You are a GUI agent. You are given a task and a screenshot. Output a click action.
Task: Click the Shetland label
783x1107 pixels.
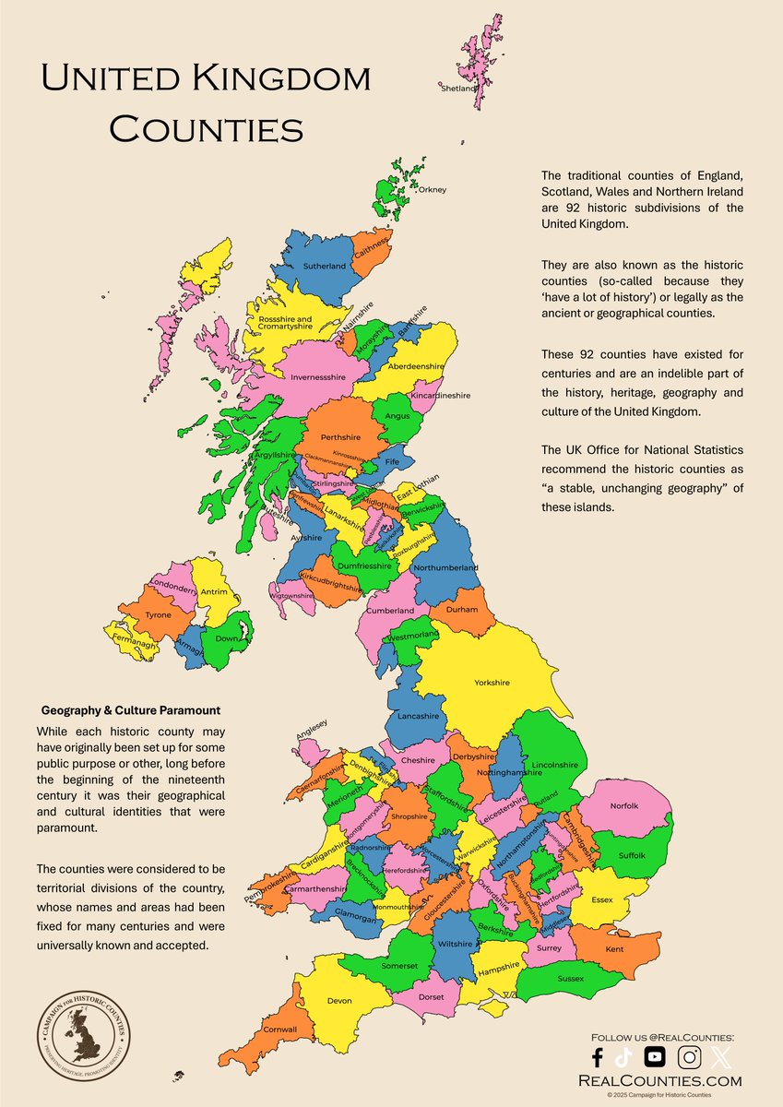coord(458,89)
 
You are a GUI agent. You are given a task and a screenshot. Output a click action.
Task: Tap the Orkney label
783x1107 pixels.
coord(432,190)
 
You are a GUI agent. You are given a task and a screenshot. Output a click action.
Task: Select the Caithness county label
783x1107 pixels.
coord(371,244)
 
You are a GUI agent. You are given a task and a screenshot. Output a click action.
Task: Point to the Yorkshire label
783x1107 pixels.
coord(492,683)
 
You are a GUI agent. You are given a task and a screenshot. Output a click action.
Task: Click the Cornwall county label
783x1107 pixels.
coord(280,1029)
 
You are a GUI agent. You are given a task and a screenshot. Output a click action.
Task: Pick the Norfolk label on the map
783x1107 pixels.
coord(624,806)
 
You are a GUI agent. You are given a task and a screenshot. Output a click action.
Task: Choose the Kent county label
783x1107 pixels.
coord(614,949)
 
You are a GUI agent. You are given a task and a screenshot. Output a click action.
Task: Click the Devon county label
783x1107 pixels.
coord(339,1000)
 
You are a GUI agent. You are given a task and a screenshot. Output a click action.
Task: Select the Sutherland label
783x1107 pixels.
coord(324,267)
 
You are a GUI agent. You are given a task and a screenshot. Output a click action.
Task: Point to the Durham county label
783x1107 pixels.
coord(462,610)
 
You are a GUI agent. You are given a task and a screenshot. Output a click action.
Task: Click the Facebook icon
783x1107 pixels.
coord(597,1057)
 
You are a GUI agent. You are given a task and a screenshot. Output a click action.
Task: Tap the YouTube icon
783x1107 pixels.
coord(655,1057)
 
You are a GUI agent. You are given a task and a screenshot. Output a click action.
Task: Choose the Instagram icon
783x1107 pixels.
coord(688,1057)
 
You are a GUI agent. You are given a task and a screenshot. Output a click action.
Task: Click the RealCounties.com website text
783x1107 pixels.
coord(658,1080)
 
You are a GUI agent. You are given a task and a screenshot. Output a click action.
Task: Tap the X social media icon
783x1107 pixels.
coord(720,1057)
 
